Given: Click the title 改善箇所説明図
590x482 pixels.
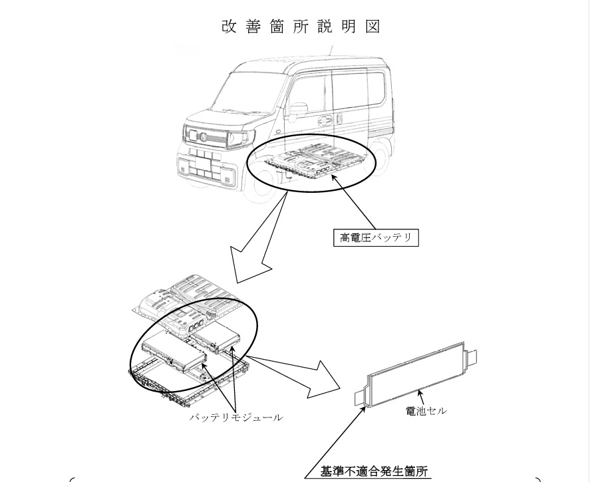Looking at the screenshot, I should pos(301,27).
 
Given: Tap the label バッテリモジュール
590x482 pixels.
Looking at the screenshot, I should pos(235,417).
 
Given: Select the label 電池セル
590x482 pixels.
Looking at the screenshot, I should pos(426,410).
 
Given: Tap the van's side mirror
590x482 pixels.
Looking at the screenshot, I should pos(299,108).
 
